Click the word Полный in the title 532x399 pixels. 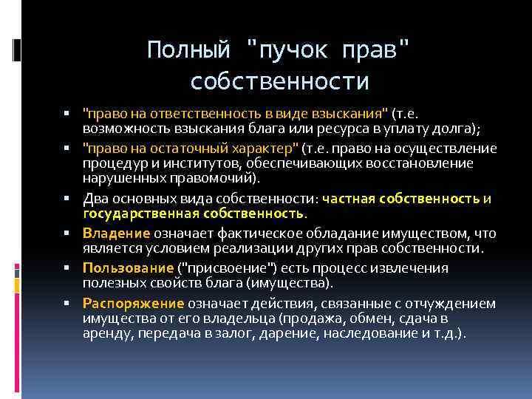[x=187, y=50]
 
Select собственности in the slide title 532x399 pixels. [x=279, y=81]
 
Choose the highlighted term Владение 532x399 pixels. [x=117, y=233]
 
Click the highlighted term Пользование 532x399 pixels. [x=127, y=267]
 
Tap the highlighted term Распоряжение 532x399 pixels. [x=133, y=303]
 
